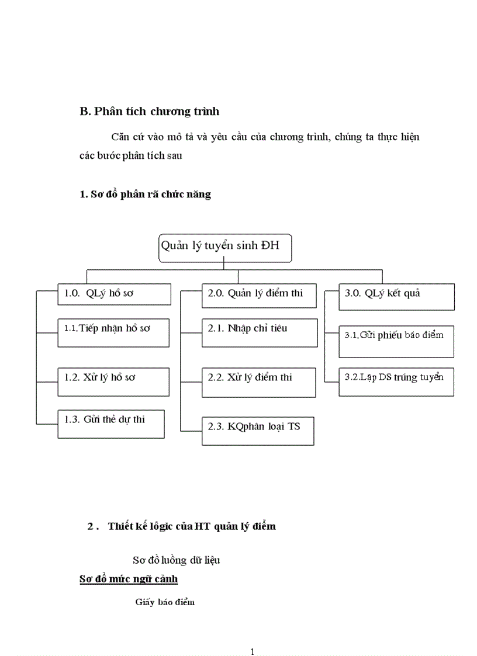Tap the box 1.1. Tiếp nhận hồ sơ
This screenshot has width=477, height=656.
113,332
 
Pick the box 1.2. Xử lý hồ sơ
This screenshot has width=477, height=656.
113,381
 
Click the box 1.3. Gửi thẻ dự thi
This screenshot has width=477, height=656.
111,424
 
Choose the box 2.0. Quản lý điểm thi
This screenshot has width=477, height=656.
259,296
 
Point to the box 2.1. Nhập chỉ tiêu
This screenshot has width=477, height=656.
259,332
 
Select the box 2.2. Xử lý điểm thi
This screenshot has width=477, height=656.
259,381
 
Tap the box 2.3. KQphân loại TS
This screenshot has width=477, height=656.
258,431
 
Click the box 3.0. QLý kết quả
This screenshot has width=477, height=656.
396,297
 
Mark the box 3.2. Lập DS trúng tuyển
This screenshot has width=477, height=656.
396,381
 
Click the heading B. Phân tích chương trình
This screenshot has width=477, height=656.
149,111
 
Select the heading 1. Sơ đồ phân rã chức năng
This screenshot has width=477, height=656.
145,195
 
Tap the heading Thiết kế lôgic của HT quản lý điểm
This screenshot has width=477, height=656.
191,526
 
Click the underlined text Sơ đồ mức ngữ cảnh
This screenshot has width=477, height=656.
129,579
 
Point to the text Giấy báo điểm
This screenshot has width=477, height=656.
165,602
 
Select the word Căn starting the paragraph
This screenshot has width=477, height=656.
119,138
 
